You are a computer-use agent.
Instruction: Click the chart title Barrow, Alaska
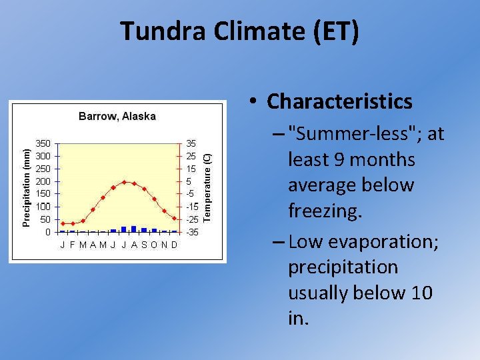[117, 116]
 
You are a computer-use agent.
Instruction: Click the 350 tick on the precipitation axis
[43, 143]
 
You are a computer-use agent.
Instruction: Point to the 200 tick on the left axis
[43, 181]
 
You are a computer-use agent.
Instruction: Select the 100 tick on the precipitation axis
[43, 207]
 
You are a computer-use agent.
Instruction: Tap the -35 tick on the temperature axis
[191, 232]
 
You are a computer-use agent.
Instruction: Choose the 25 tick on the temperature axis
[191, 156]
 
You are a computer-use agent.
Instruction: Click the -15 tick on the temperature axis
[191, 207]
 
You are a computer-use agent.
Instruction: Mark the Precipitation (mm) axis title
[25, 187]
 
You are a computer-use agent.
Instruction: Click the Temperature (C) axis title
[207, 187]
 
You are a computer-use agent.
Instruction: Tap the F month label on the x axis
[72, 245]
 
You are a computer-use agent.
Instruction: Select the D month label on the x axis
[175, 245]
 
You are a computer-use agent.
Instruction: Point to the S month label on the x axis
[144, 245]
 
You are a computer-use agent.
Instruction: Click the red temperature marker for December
[175, 218]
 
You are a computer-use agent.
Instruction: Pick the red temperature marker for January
[63, 223]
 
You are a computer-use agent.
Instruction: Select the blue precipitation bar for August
[134, 229]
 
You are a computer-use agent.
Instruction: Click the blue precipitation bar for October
[154, 230]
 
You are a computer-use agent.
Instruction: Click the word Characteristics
[339, 101]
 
